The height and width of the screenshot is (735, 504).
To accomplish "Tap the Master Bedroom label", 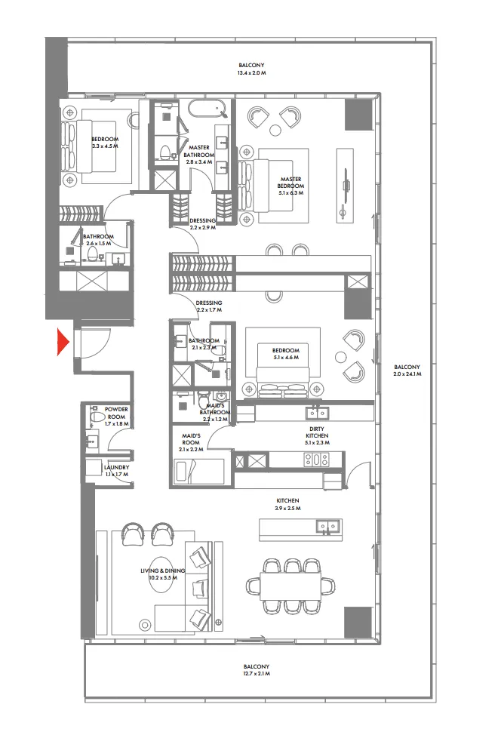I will (290, 183).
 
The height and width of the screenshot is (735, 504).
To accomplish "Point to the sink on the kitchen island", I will (327, 526).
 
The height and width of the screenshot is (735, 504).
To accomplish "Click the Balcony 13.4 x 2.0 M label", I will (252, 69).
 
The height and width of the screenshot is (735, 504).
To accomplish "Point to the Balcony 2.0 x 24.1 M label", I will (407, 371).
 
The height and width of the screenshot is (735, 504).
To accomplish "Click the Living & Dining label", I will (161, 575).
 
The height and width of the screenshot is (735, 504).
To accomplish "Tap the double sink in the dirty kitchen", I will (316, 413).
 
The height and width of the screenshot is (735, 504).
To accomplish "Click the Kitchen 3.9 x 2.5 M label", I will (287, 504).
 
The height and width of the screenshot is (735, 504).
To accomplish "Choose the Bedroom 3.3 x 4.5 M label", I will (105, 143).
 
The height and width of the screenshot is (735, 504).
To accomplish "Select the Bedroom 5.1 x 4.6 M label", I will (285, 354).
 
